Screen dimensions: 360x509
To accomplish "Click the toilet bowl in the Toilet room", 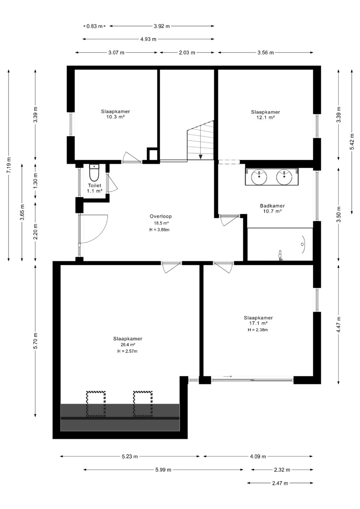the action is [94, 173].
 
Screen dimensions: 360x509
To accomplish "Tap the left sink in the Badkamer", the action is [259, 176].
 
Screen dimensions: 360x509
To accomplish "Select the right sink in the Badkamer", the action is [284, 177].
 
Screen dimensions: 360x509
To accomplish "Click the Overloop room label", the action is [160, 216].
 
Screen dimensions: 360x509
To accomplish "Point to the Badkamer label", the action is [272, 206].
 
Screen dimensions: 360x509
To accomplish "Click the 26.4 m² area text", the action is [128, 344].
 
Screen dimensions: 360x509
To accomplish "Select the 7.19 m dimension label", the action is [8, 165].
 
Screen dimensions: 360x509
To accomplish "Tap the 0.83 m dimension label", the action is [94, 26].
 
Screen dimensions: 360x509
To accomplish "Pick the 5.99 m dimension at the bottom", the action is [163, 470].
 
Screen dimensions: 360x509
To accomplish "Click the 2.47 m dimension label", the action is [280, 483].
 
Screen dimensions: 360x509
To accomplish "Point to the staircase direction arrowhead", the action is [200, 157].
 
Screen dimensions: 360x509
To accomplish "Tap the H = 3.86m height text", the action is [160, 230].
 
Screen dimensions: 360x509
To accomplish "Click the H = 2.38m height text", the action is [258, 330].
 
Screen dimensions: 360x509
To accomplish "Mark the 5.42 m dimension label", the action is [352, 141].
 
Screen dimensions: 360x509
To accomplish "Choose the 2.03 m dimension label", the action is [187, 53].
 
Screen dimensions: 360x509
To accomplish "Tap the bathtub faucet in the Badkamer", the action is [281, 255].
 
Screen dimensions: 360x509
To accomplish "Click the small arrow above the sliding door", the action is [228, 377].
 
